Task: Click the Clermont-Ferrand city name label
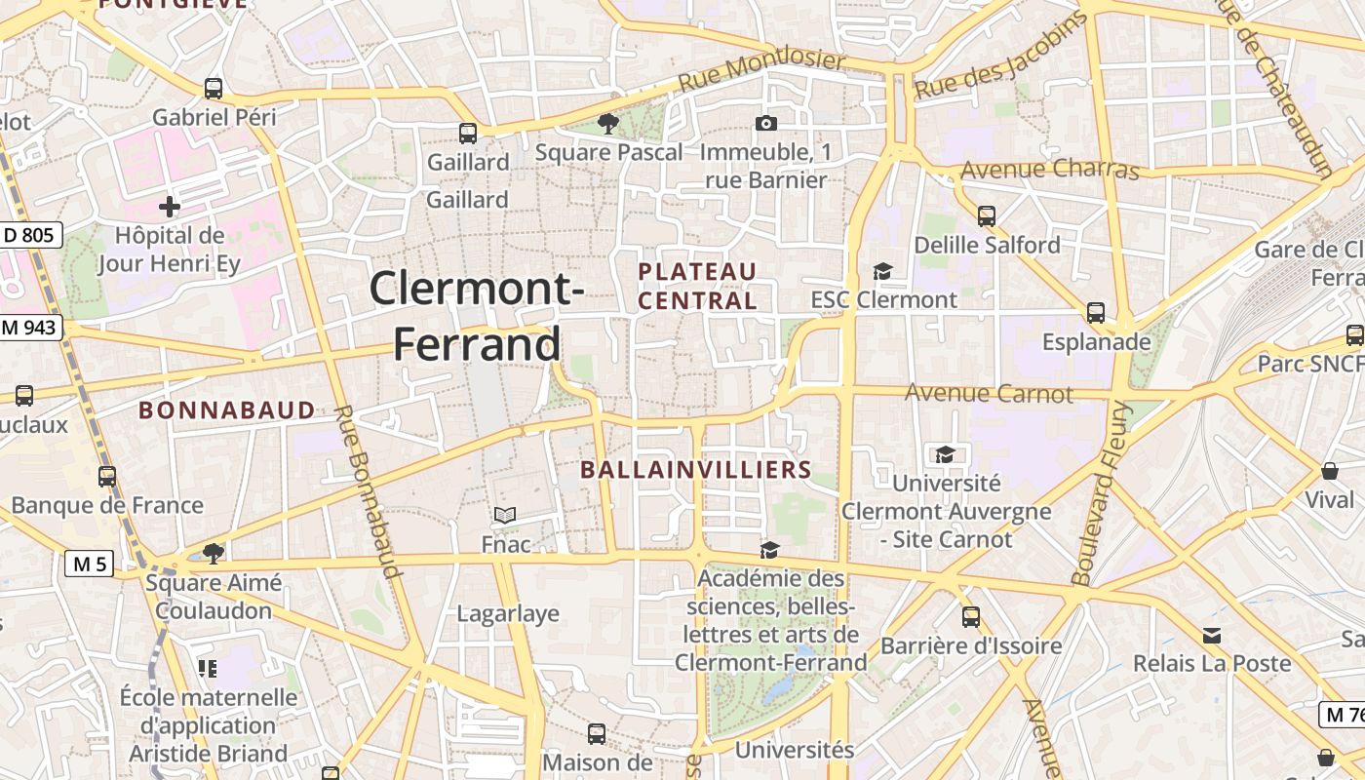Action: [x=477, y=316]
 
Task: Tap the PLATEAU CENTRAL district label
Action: [x=697, y=286]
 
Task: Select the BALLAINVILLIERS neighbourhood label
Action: [x=696, y=469]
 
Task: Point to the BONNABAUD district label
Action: [x=227, y=409]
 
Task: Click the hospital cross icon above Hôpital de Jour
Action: [x=170, y=207]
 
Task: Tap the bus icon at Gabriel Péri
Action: [x=214, y=89]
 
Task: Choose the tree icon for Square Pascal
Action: [x=608, y=123]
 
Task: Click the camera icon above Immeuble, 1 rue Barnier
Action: [x=766, y=123]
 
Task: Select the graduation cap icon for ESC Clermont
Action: [x=883, y=271]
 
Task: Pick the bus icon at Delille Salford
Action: [x=987, y=216]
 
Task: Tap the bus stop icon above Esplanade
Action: [x=1096, y=313]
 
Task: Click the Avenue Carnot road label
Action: [x=989, y=393]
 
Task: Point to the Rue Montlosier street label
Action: [x=762, y=71]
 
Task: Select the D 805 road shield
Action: [x=31, y=234]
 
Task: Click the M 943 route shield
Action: [x=31, y=328]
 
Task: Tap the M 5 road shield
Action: [x=90, y=563]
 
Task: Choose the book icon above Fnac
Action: [x=505, y=515]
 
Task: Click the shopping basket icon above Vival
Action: [x=1330, y=472]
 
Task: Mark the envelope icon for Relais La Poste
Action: [x=1212, y=636]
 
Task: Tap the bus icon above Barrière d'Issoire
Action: [x=971, y=616]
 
